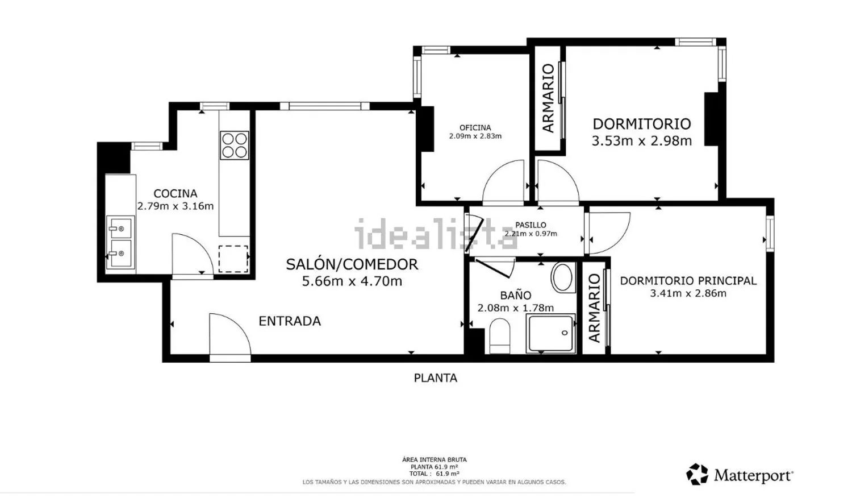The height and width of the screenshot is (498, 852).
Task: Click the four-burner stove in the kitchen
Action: coord(234,145)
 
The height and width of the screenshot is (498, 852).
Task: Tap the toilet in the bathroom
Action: coord(500,336)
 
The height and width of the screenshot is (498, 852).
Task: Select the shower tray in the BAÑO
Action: coord(551,334)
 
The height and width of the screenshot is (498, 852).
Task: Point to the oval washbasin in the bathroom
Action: coord(562,277)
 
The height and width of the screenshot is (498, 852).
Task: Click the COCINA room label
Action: coord(176,193)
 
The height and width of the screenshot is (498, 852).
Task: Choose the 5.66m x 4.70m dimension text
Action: coord(352,281)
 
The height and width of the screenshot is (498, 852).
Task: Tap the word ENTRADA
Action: coord(290,321)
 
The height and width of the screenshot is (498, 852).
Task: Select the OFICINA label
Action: coord(475,128)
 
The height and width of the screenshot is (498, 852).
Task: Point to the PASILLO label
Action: coord(531,225)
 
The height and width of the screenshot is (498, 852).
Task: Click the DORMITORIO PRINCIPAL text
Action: coord(688,281)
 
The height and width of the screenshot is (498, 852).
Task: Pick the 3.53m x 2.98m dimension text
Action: coord(642,141)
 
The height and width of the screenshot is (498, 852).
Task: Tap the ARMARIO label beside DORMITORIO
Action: coord(548,98)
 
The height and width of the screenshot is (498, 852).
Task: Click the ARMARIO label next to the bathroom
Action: coord(594,308)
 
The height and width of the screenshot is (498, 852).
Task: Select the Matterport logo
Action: coord(740,475)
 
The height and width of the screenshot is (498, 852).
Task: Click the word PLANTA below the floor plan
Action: coord(436,378)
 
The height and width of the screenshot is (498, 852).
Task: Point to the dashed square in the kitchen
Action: coord(233,259)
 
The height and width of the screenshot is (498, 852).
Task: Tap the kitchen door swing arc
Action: coord(193,254)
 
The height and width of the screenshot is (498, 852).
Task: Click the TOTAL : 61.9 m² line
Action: coord(435,474)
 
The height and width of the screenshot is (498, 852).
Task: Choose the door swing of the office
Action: coord(503,181)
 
